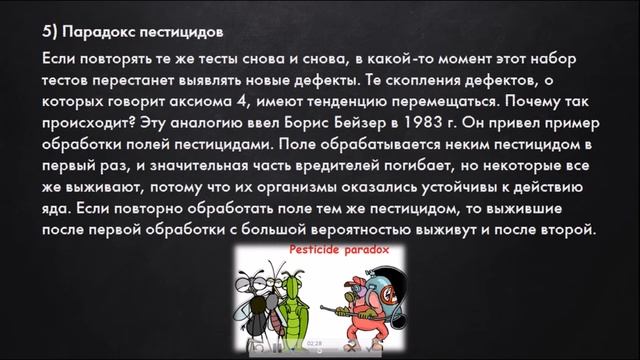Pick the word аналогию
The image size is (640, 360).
pos(218,125)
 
